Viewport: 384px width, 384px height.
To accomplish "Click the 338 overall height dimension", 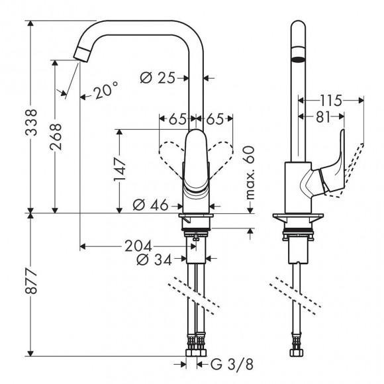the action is [31, 122].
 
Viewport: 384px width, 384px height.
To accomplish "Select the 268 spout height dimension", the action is [56, 136].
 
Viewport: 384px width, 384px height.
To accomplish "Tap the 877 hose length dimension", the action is [31, 281].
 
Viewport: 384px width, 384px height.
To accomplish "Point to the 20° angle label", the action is [106, 90].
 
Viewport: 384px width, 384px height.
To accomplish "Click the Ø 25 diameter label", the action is [158, 78].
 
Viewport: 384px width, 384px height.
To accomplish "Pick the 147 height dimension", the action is [120, 169].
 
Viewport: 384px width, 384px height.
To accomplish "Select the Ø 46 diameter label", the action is [150, 205].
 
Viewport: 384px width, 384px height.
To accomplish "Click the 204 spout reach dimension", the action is [138, 246].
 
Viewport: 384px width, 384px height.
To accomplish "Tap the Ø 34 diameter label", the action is [154, 260].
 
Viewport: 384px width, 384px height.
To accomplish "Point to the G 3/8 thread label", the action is [232, 364].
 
